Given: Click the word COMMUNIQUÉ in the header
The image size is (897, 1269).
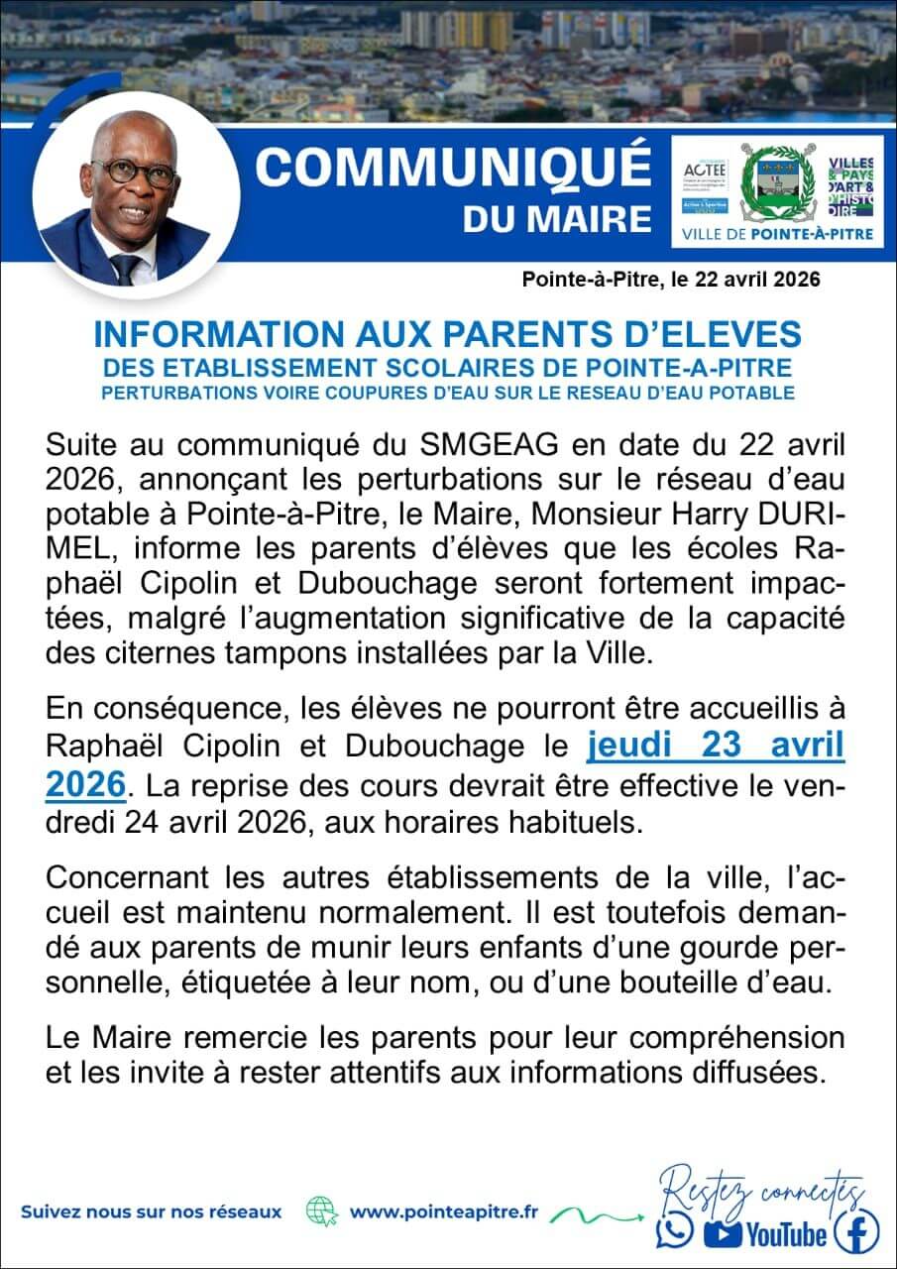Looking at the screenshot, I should (453, 167).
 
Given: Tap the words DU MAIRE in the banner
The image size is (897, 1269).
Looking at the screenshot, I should (557, 218).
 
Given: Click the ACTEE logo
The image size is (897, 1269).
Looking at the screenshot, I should (706, 168).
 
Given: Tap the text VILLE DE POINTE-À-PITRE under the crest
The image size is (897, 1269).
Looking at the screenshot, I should (778, 235).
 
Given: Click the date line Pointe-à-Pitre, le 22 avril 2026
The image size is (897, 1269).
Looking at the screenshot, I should (671, 281).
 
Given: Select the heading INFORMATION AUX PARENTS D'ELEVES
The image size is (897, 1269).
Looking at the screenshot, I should (447, 333).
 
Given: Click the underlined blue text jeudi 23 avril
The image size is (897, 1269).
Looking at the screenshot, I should (716, 746).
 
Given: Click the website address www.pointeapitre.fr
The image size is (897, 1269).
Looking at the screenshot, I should (444, 1211).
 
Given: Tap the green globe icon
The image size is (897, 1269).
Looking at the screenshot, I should (322, 1211).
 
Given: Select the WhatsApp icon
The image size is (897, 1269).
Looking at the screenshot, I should (675, 1232).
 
